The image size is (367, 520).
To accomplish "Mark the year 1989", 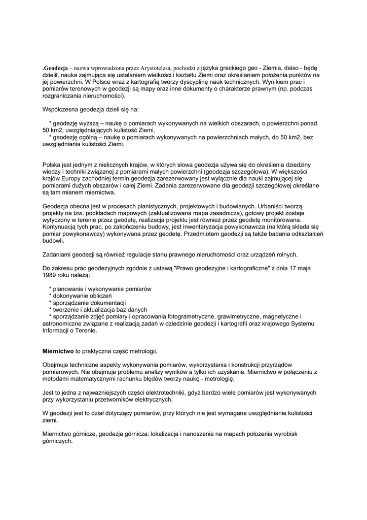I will pos(51,275).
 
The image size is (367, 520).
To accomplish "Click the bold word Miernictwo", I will pos(58,351).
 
